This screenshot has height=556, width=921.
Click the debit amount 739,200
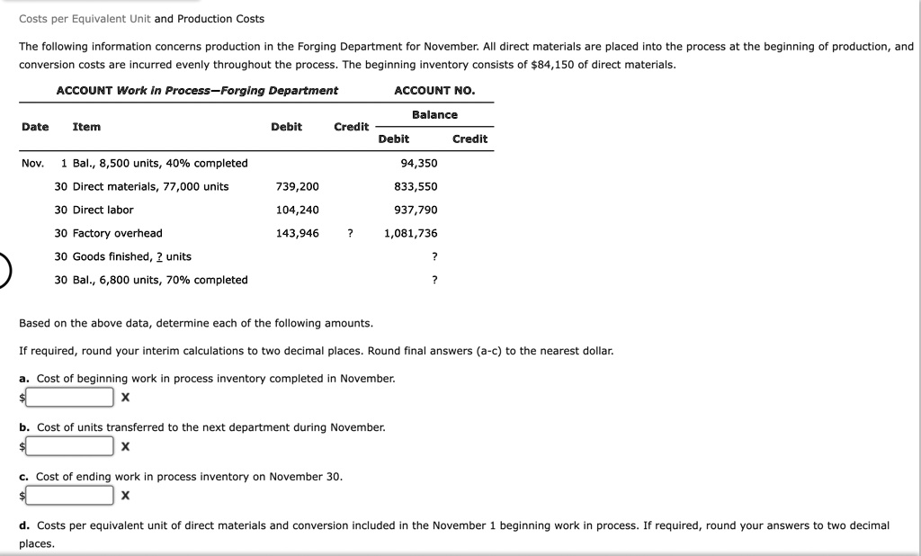(297, 186)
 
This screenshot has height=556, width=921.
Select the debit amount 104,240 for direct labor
(297, 210)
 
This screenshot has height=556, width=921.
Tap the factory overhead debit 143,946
(297, 233)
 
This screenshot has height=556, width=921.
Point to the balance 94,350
(418, 163)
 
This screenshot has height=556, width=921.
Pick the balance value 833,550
(416, 186)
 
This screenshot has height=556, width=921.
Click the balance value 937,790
(416, 210)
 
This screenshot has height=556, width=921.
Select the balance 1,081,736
(410, 233)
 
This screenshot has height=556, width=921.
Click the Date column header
(35, 127)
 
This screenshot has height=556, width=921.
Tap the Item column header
(86, 127)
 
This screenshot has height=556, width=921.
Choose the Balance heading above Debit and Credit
(434, 114)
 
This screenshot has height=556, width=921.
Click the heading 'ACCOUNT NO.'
(434, 90)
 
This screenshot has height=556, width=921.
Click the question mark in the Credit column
(350, 233)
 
